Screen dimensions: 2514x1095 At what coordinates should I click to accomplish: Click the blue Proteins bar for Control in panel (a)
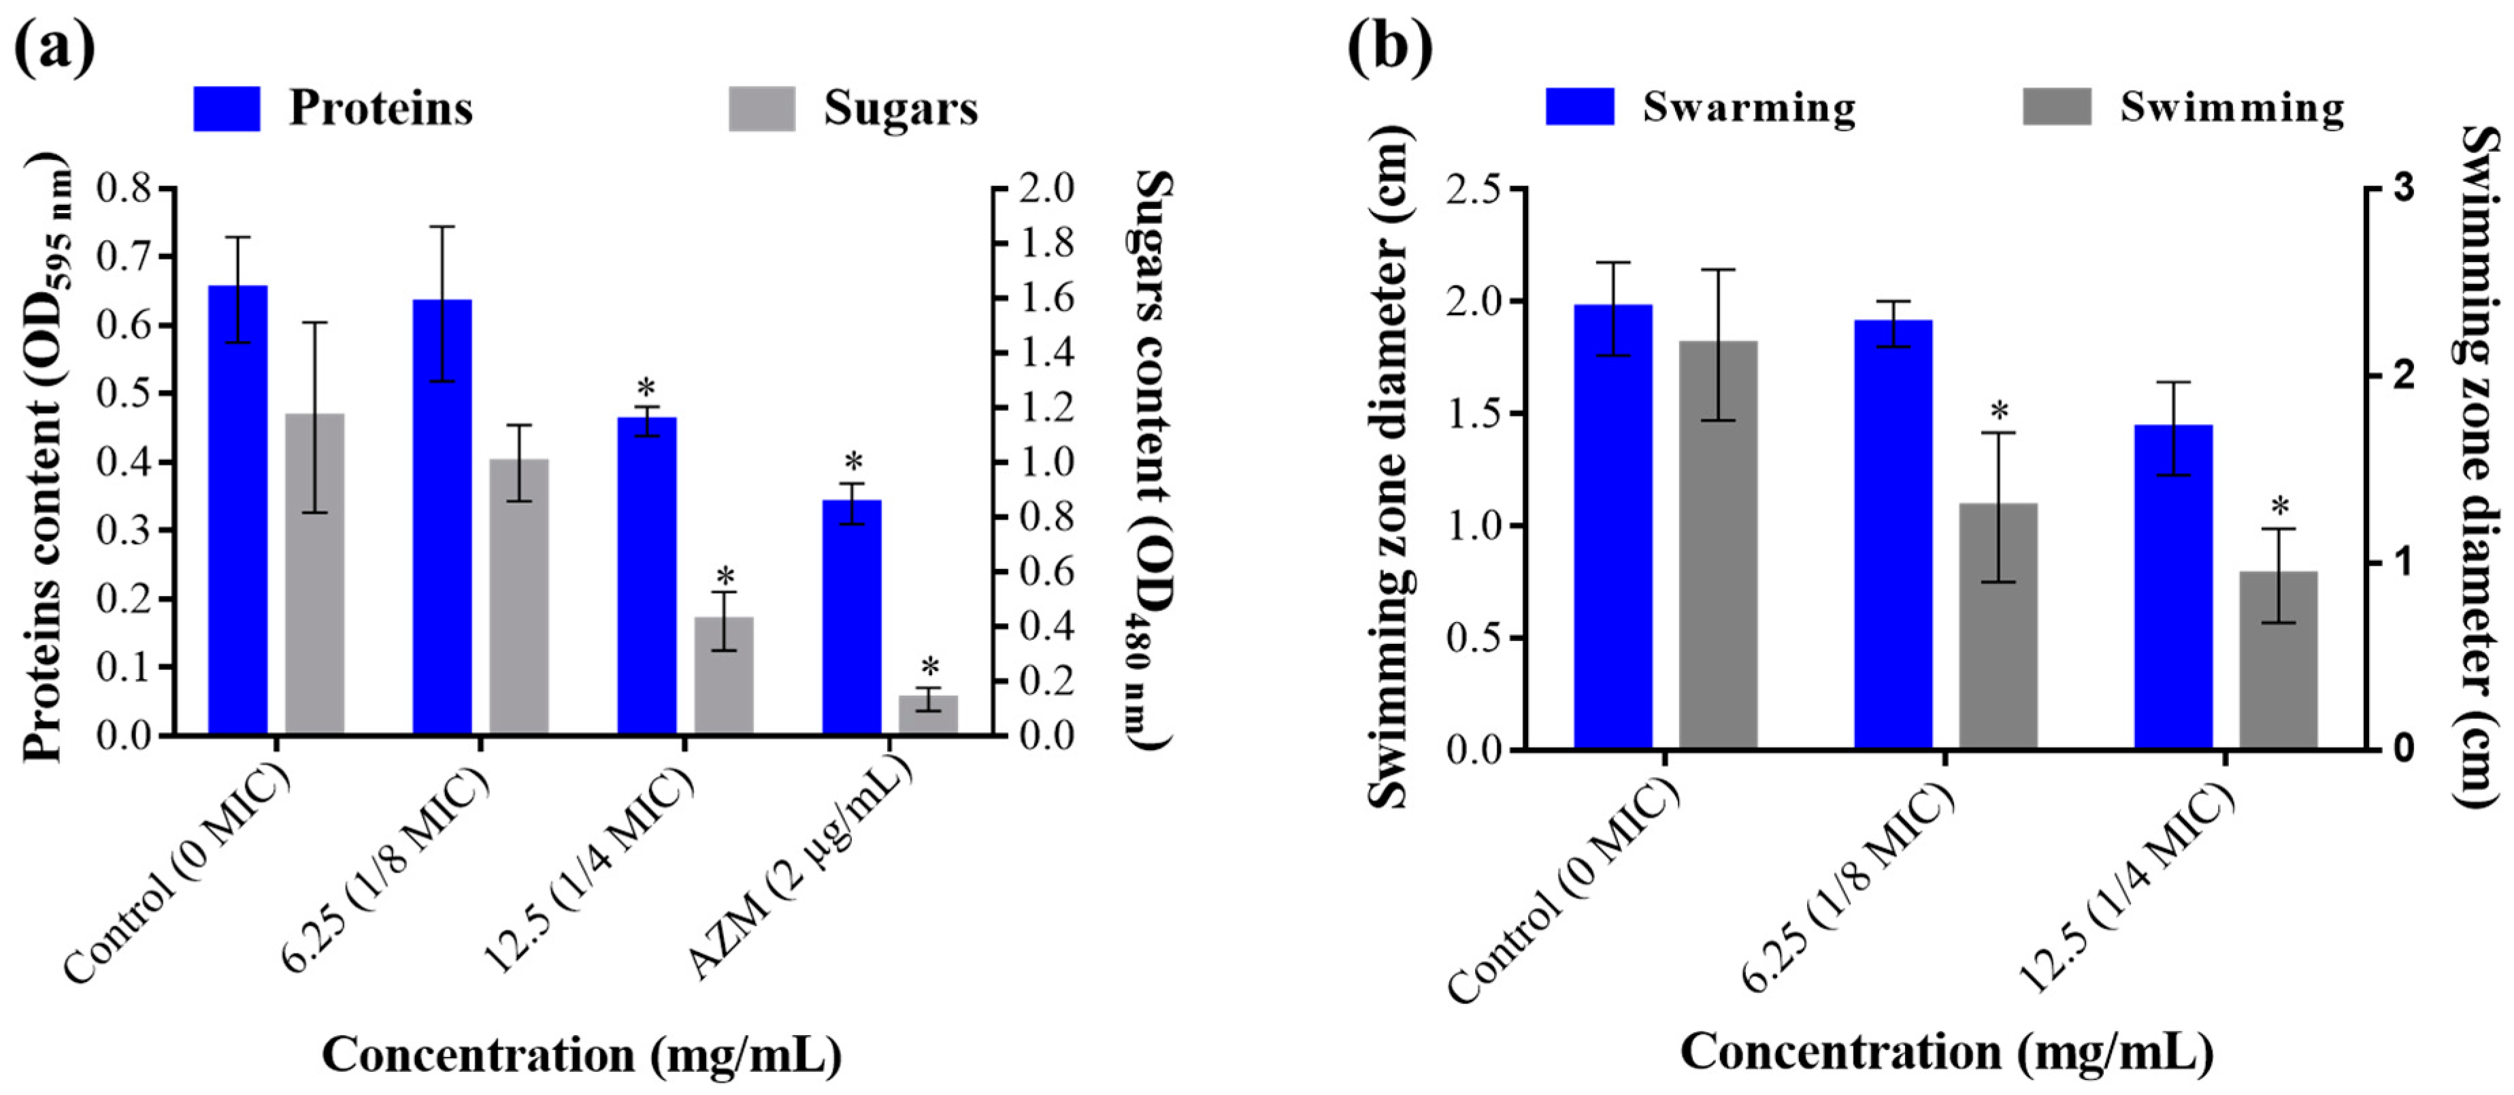tap(238, 510)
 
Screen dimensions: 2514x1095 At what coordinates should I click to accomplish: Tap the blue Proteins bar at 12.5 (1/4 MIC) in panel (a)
tap(647, 576)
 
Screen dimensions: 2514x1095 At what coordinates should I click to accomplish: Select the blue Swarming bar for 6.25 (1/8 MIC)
tap(1893, 535)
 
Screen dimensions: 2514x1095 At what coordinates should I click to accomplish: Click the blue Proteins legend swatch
tap(227, 108)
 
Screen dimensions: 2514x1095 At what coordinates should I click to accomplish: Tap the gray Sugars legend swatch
tap(762, 108)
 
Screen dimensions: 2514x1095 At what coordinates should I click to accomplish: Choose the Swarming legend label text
tap(1749, 108)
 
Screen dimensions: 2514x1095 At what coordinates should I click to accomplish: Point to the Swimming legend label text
tap(2232, 108)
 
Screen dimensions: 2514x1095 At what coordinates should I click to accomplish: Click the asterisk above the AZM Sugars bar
tap(930, 668)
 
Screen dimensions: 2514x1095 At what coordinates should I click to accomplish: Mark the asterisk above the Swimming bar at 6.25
tap(1999, 410)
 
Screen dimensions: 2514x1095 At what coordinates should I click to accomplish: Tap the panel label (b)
tap(1390, 47)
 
